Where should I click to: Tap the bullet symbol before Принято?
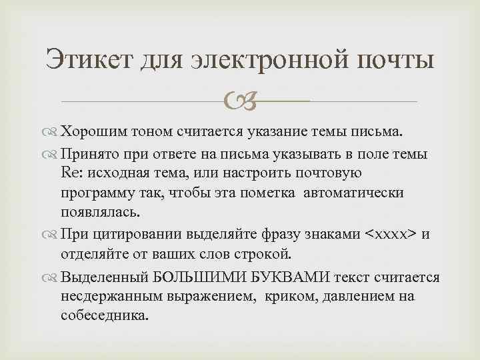pyautogui.click(x=52, y=155)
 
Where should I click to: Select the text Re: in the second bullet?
pyautogui.click(x=72, y=174)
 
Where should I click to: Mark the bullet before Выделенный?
pyautogui.click(x=52, y=276)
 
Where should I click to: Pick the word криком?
pyautogui.click(x=282, y=295)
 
